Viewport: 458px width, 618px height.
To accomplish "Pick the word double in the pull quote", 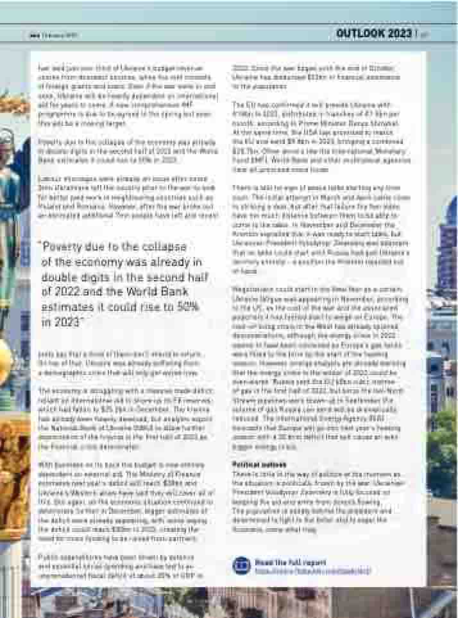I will (x=59, y=277).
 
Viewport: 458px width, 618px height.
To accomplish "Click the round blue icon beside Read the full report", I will (x=241, y=565).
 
